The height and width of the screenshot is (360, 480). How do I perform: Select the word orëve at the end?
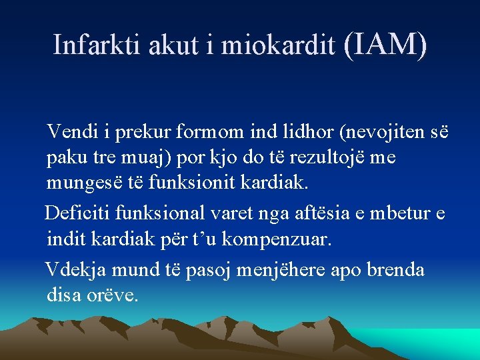tap(113, 294)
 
